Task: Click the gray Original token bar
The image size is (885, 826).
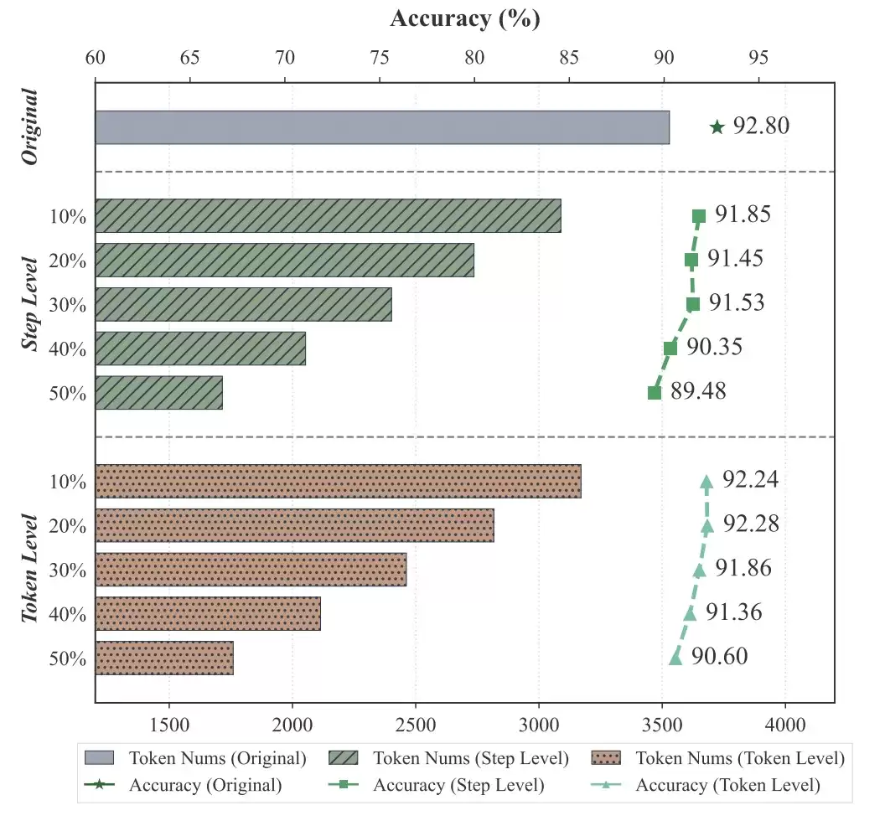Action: pos(382,127)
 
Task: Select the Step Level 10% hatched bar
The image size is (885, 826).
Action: pos(328,215)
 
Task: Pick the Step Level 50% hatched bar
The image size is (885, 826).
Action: pos(158,393)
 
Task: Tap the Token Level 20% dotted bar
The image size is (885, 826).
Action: pos(295,525)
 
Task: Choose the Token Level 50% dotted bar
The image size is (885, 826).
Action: pos(164,658)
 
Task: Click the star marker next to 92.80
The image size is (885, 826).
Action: pos(717,127)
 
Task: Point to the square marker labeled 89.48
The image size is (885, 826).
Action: pos(655,393)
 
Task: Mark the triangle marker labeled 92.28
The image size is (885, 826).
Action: pos(707,526)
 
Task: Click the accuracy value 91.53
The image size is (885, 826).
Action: pos(737,302)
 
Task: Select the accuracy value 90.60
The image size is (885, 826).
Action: pos(720,656)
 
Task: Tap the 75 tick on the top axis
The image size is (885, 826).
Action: pos(380,58)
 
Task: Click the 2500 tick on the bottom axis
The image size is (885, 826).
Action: pos(416,725)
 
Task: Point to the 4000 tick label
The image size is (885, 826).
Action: pos(785,725)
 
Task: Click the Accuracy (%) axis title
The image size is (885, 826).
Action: pos(465,18)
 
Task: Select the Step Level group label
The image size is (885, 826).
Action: pos(29,303)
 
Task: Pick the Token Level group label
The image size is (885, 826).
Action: pos(29,569)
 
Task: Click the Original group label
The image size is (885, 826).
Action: pos(29,127)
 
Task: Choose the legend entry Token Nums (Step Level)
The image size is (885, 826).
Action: pos(448,758)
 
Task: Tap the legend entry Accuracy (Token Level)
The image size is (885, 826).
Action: pos(706,785)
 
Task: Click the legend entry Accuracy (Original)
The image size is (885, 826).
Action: pos(184,785)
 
